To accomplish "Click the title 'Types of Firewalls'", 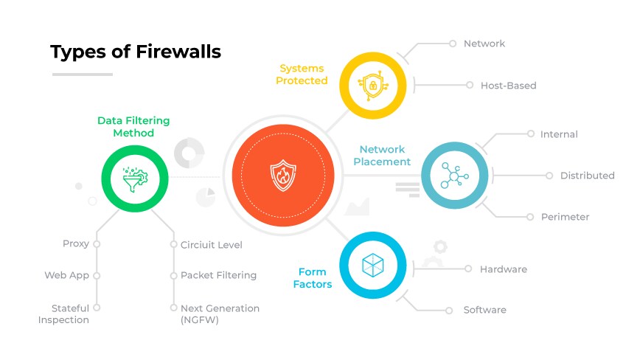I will pos(135,52).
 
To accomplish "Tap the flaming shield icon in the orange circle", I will pos(283,176).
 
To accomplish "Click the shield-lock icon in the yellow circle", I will pos(372,85).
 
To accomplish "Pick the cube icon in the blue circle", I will pos(372,266).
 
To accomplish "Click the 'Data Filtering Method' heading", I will pos(133,127).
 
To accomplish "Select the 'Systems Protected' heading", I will pos(302,75).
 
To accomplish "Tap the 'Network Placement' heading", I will pos(381,156).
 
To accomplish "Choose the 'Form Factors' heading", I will pos(313,278).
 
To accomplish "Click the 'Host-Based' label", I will pos(508,86).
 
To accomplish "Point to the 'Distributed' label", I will pos(587,176).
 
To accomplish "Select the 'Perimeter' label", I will pos(565,217).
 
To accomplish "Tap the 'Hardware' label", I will pos(504,269).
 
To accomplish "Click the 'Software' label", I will pos(484,310).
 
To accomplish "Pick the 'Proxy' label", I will pos(76,244).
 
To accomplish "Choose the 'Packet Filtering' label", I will pos(218,275).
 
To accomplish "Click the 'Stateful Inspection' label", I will pos(64,314).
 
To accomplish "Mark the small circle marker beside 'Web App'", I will pos(97,275).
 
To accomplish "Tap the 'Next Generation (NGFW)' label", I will pos(220,314).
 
